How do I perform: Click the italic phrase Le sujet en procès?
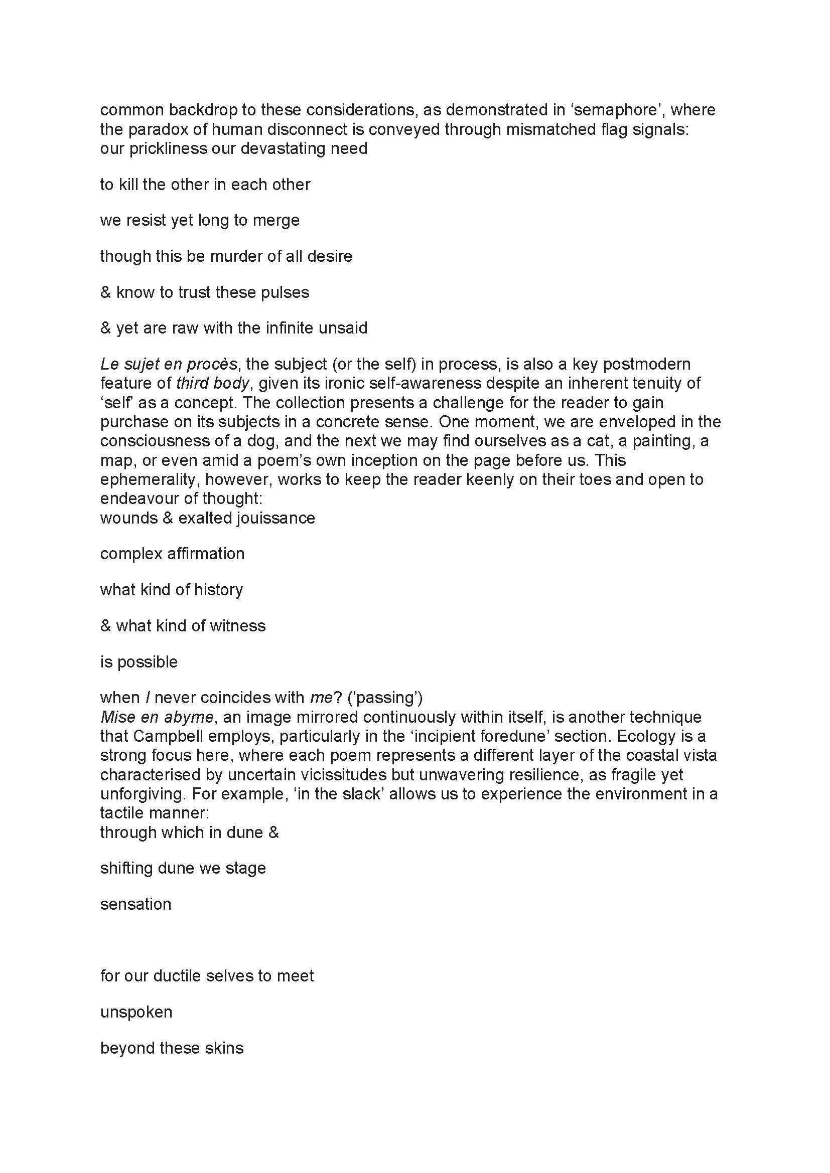169,364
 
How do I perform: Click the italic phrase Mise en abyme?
157,717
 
